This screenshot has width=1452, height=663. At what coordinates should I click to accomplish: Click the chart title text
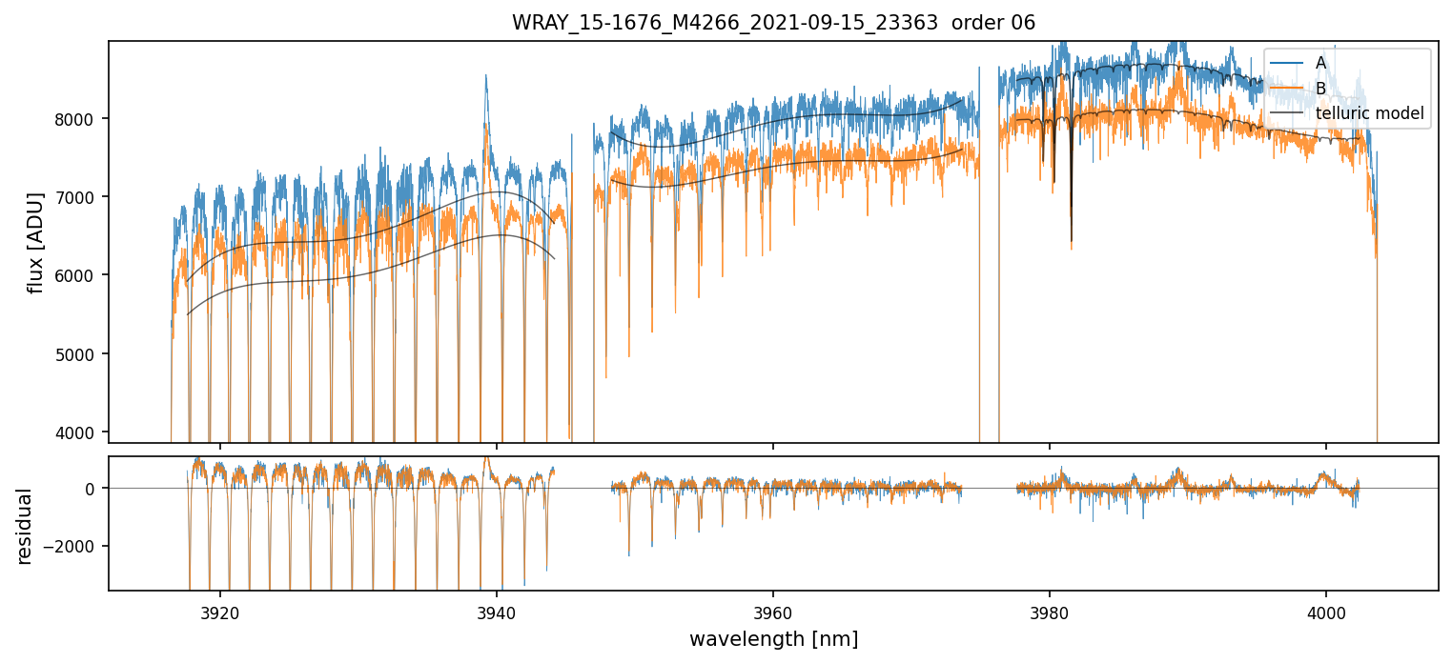773,22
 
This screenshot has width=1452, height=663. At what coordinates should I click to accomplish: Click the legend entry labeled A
1320,63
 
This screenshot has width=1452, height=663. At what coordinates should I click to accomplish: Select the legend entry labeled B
1320,89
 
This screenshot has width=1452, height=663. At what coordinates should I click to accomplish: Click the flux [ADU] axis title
36,242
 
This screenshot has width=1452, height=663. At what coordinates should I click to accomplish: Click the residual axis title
25,526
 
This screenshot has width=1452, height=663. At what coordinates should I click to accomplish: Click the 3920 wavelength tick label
220,611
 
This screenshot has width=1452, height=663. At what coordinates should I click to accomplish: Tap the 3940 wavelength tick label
497,611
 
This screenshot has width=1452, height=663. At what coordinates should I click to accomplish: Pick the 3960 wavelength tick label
773,611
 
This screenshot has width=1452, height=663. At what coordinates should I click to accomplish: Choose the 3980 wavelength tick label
1050,611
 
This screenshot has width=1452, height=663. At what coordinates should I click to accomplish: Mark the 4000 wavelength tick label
1326,611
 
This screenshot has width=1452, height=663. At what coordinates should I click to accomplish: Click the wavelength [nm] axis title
773,639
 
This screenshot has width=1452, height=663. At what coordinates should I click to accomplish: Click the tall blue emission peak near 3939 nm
486,77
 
